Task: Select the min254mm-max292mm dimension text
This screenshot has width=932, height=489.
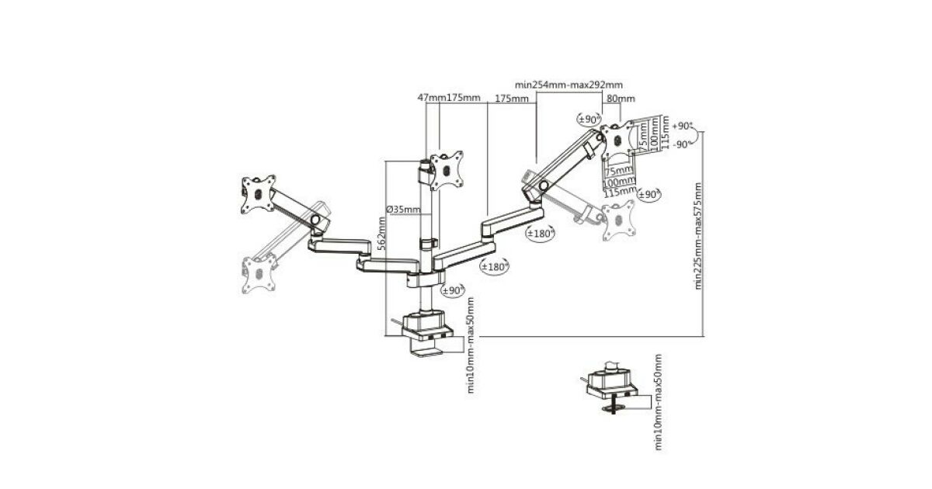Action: point(569,85)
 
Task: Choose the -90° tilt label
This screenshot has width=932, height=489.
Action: point(682,144)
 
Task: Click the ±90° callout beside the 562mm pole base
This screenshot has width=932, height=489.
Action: point(451,290)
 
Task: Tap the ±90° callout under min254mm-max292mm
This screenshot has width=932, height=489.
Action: point(589,119)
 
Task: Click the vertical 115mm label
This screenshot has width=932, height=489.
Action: point(664,133)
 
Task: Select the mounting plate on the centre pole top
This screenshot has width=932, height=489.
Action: point(446,168)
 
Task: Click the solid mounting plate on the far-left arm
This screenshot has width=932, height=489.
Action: point(259,193)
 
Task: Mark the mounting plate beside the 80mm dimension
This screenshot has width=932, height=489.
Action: point(619,140)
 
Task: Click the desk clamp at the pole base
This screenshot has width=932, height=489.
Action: point(426,334)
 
